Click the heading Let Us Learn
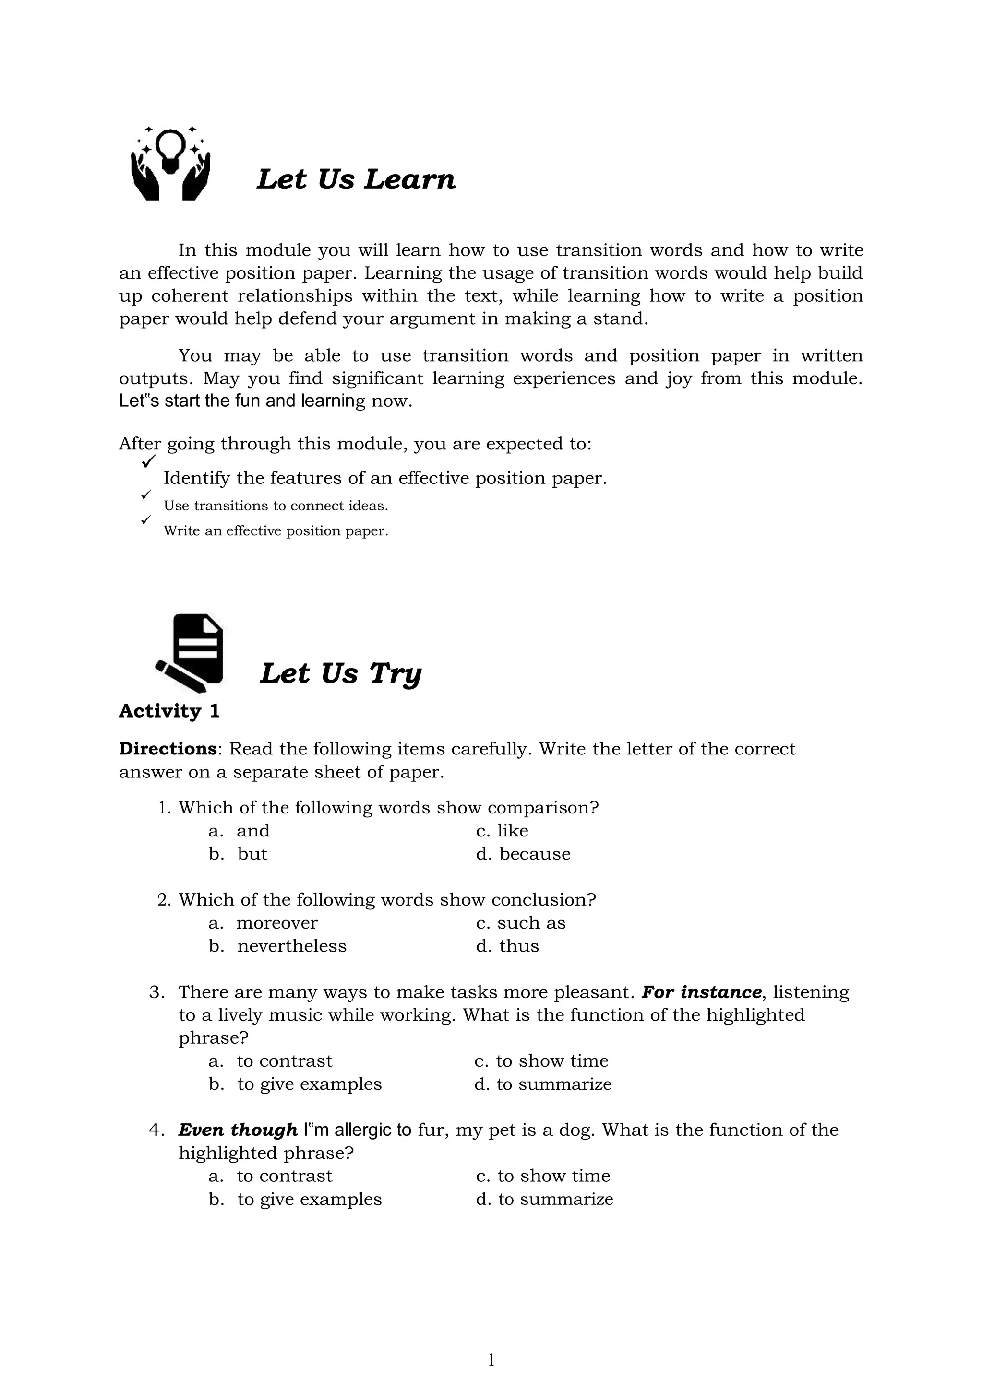pyautogui.click(x=356, y=180)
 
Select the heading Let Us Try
pyautogui.click(x=340, y=674)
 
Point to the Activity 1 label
pyautogui.click(x=169, y=711)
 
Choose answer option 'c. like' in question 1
pyautogui.click(x=502, y=831)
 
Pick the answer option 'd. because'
pyautogui.click(x=523, y=854)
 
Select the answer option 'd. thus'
pyautogui.click(x=507, y=946)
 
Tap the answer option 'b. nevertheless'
pyautogui.click(x=278, y=946)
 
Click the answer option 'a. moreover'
pyautogui.click(x=264, y=923)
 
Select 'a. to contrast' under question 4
pyautogui.click(x=271, y=1176)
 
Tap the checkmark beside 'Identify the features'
pyautogui.click(x=148, y=461)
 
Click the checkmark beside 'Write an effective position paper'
pyautogui.click(x=145, y=520)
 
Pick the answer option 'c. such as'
pyautogui.click(x=521, y=923)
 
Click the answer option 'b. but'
pyautogui.click(x=238, y=854)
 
